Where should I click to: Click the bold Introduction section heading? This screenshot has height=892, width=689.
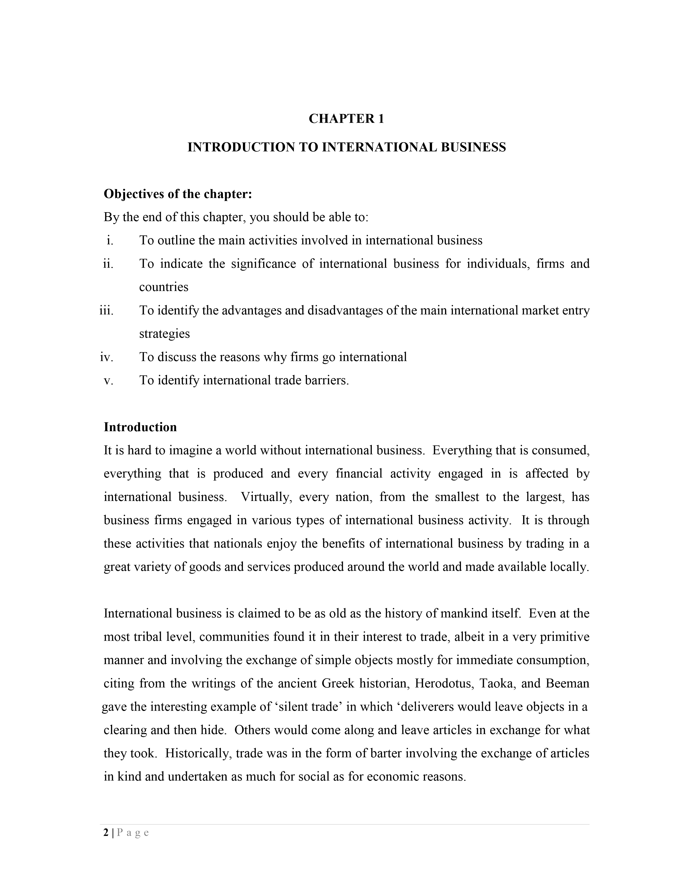(140, 427)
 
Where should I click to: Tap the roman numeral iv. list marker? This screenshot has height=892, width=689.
(106, 357)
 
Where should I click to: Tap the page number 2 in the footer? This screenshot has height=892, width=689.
(106, 833)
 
